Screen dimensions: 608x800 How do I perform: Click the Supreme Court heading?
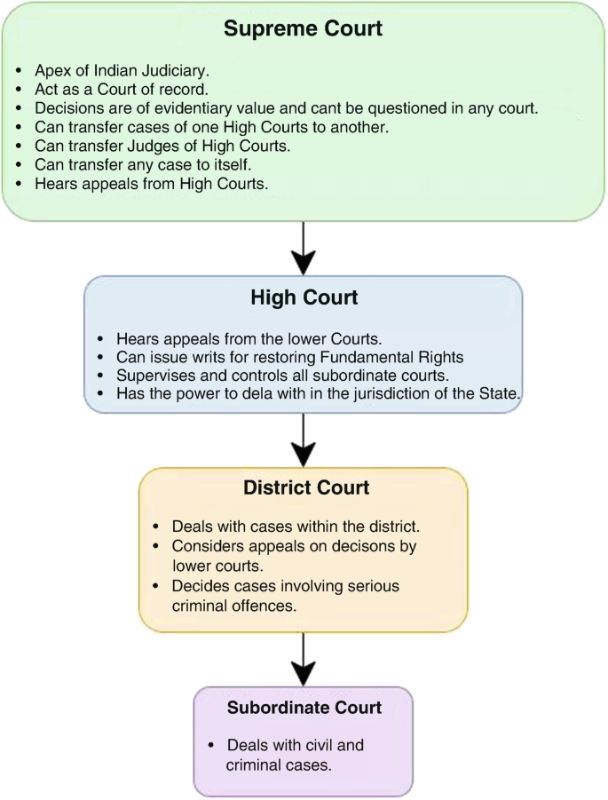[x=303, y=28]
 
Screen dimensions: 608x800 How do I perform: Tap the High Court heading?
[x=304, y=297]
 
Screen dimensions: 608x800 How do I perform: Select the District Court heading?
[x=306, y=487]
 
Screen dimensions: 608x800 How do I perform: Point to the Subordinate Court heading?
[x=304, y=708]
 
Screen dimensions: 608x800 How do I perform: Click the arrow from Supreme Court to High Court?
[x=304, y=248]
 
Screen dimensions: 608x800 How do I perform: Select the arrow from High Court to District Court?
[x=304, y=440]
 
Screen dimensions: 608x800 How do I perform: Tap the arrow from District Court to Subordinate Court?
[x=304, y=659]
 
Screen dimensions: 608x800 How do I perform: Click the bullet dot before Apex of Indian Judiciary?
[x=19, y=71]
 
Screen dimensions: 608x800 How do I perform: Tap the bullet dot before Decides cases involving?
[x=156, y=586]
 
